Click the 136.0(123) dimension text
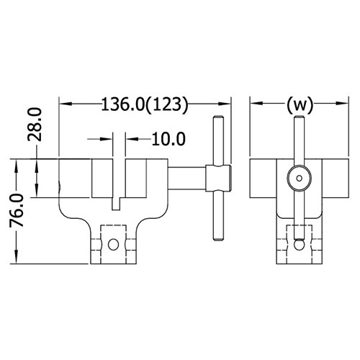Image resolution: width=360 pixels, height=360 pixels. point(144,104)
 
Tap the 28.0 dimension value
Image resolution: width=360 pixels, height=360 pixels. point(35,125)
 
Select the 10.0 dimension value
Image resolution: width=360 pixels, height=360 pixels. point(168,139)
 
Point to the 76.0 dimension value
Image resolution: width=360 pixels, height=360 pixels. point(17,211)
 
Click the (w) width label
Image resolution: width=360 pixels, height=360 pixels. point(300,104)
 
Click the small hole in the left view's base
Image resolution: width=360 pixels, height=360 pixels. point(113,245)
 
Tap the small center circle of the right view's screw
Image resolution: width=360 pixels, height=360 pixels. point(299,178)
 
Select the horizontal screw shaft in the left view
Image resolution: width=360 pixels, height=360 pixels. point(186,179)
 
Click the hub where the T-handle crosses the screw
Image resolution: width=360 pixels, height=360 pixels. point(218,179)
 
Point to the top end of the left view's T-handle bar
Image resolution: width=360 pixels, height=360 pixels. point(218,117)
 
